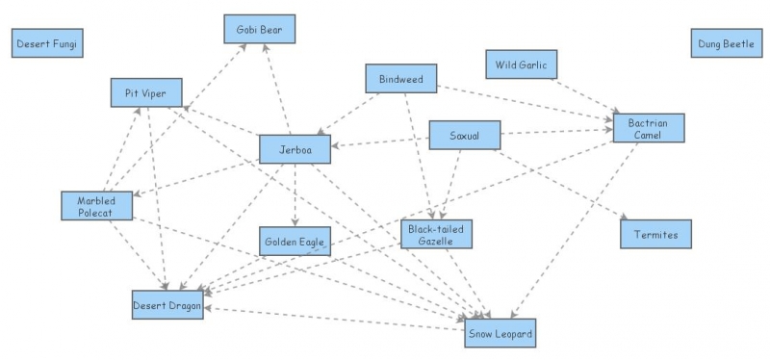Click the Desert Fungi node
pyautogui.click(x=47, y=43)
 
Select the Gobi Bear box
pyautogui.click(x=259, y=30)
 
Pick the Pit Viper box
pyautogui.click(x=145, y=93)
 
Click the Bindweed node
pyautogui.click(x=401, y=79)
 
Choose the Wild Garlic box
pyautogui.click(x=521, y=65)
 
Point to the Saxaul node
pyautogui.click(x=463, y=136)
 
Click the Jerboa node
pyautogui.click(x=295, y=149)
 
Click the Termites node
pyautogui.click(x=655, y=235)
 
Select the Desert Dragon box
pyautogui.click(x=167, y=304)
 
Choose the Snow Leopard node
pyautogui.click(x=500, y=333)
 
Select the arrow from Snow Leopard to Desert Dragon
pyautogui.click(x=337, y=319)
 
